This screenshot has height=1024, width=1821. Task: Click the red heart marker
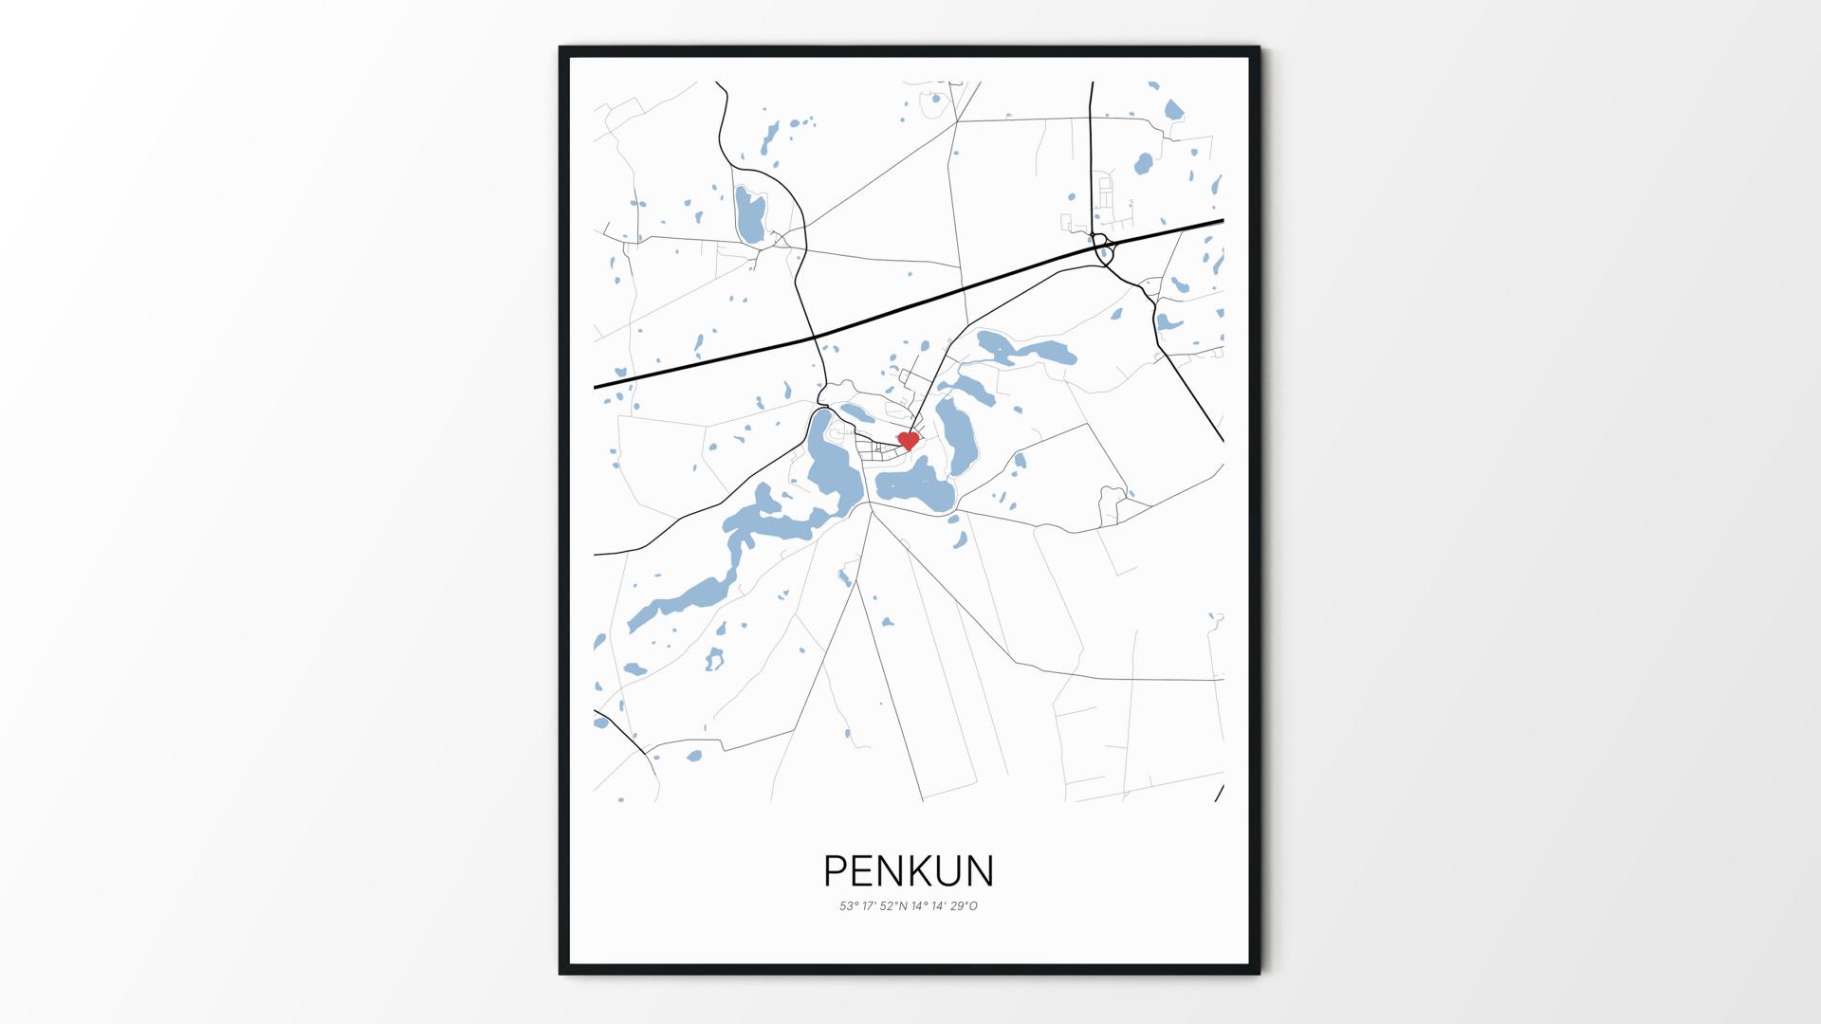[909, 440]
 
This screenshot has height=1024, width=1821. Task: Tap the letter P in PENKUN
[836, 870]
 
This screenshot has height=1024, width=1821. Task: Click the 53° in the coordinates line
[848, 906]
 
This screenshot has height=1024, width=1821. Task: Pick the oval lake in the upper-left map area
[748, 216]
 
